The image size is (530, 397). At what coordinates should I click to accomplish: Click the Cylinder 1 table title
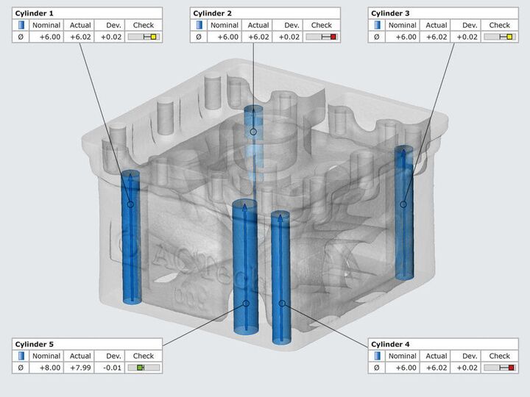[x=34, y=13]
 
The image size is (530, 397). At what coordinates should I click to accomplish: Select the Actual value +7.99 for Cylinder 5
[x=80, y=368]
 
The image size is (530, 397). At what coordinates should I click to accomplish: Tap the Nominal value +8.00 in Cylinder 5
[x=50, y=368]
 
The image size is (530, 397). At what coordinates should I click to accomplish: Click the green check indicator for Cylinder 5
[x=141, y=368]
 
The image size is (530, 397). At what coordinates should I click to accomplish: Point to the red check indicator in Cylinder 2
[x=333, y=37]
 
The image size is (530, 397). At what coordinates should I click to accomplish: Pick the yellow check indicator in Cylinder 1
[x=153, y=37]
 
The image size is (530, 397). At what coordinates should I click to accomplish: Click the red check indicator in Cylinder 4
[x=511, y=368]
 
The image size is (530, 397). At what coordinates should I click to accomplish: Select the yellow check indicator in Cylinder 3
[x=509, y=37]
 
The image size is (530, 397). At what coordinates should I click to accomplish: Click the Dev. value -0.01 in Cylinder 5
[x=112, y=368]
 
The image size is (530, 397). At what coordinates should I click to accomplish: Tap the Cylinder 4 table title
[x=390, y=344]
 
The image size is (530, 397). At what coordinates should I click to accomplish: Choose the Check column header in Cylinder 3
[x=499, y=25]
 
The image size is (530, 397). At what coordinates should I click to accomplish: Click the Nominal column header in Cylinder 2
[x=225, y=25]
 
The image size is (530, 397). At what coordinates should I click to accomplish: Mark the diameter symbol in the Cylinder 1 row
[x=21, y=37]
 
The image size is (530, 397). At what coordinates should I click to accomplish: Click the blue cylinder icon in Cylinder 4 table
[x=377, y=356]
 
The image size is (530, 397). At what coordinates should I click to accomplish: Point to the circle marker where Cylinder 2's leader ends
[x=253, y=132]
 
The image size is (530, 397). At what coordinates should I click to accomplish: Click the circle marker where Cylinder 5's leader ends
[x=246, y=304]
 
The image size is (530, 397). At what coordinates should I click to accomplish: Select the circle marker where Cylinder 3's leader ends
[x=403, y=204]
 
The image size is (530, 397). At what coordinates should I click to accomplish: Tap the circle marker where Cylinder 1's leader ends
[x=131, y=204]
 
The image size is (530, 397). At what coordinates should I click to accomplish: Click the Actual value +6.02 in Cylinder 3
[x=437, y=37]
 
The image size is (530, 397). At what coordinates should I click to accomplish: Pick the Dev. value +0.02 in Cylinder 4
[x=467, y=368]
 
